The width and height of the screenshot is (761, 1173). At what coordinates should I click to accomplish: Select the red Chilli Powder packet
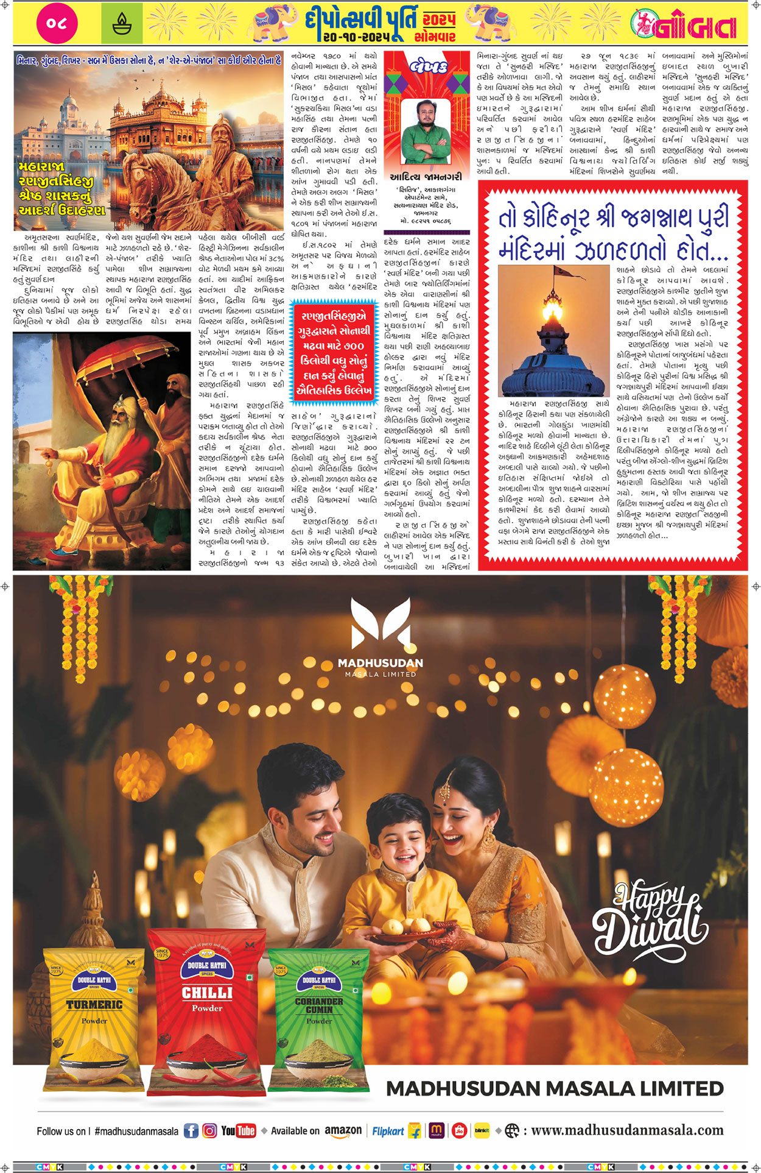coord(207,1005)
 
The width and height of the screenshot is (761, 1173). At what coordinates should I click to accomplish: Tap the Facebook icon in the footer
coord(191,1131)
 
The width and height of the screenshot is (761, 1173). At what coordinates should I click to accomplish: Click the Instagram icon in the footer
coord(209,1131)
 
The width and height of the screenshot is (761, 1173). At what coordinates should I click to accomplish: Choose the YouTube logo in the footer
coord(238,1131)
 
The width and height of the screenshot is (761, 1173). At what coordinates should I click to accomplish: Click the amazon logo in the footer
coord(343,1131)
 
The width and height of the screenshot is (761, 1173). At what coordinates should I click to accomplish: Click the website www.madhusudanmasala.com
coord(627,1131)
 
